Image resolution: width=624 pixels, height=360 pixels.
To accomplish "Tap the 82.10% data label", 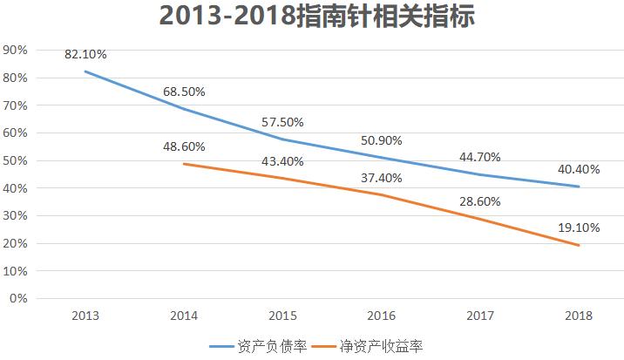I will [x=85, y=54].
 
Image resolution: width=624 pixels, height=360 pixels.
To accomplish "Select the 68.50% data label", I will [x=184, y=92].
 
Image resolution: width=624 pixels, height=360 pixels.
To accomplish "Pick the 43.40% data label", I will [x=282, y=161].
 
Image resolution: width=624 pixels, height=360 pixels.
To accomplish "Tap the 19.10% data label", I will [x=578, y=228].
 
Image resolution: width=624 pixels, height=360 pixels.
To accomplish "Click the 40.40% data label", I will [x=578, y=169].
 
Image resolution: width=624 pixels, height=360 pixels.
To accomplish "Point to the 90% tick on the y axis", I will [x=17, y=50].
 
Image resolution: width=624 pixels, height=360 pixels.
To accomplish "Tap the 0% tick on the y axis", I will [x=19, y=298].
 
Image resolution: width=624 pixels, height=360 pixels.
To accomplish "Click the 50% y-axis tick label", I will [x=17, y=160].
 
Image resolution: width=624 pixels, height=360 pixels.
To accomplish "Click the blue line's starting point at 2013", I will [x=85, y=71].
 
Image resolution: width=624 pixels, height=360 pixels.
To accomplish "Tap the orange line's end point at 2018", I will [x=578, y=245].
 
